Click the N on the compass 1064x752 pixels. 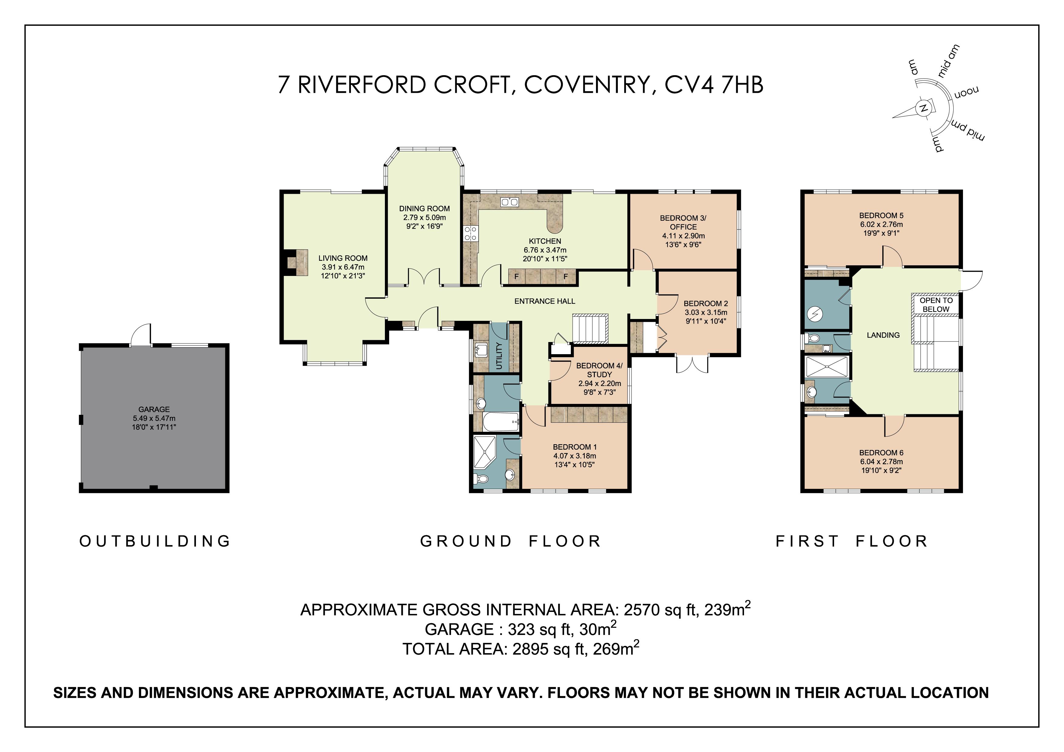(923, 109)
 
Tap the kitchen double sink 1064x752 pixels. (509, 202)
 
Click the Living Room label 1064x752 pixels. (343, 258)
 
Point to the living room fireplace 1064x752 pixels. (297, 263)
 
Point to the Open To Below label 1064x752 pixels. (936, 305)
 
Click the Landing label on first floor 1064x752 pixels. (883, 335)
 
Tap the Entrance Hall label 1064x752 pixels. (544, 301)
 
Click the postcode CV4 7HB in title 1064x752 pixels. (714, 85)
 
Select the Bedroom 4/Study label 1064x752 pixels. (599, 370)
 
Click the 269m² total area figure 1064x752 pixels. (615, 649)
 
